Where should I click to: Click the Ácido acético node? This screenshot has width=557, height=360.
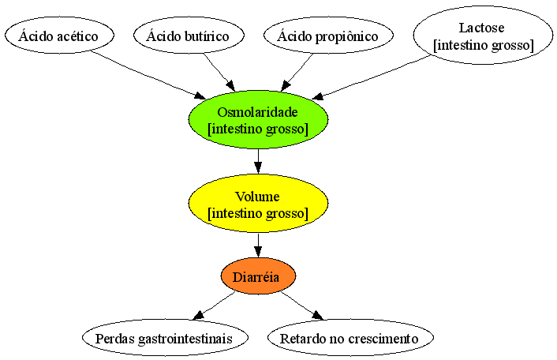(x=59, y=36)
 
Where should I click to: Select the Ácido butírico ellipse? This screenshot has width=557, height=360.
(x=189, y=36)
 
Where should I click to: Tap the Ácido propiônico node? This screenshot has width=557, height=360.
(x=328, y=36)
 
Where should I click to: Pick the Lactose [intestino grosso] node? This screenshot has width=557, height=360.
(x=483, y=36)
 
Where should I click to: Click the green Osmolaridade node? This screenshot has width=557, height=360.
(x=258, y=119)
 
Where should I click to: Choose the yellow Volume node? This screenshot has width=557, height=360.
(x=258, y=203)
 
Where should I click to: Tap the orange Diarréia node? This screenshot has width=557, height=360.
(x=258, y=276)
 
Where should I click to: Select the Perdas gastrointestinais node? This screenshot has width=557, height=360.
(x=165, y=338)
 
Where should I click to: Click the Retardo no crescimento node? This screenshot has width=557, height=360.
(x=350, y=338)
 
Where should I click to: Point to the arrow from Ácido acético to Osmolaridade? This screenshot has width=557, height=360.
(x=148, y=75)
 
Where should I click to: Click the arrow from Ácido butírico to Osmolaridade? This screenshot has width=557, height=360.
(x=219, y=72)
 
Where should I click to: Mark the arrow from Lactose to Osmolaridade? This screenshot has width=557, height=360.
(x=371, y=77)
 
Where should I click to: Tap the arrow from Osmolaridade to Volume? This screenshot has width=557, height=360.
(x=258, y=161)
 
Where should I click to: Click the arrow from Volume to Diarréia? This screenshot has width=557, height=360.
(x=258, y=246)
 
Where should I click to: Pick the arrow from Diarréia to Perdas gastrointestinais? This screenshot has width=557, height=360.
(x=215, y=306)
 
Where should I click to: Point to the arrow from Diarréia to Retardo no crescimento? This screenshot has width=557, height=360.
(x=302, y=306)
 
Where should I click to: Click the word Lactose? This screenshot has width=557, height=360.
(x=481, y=28)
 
